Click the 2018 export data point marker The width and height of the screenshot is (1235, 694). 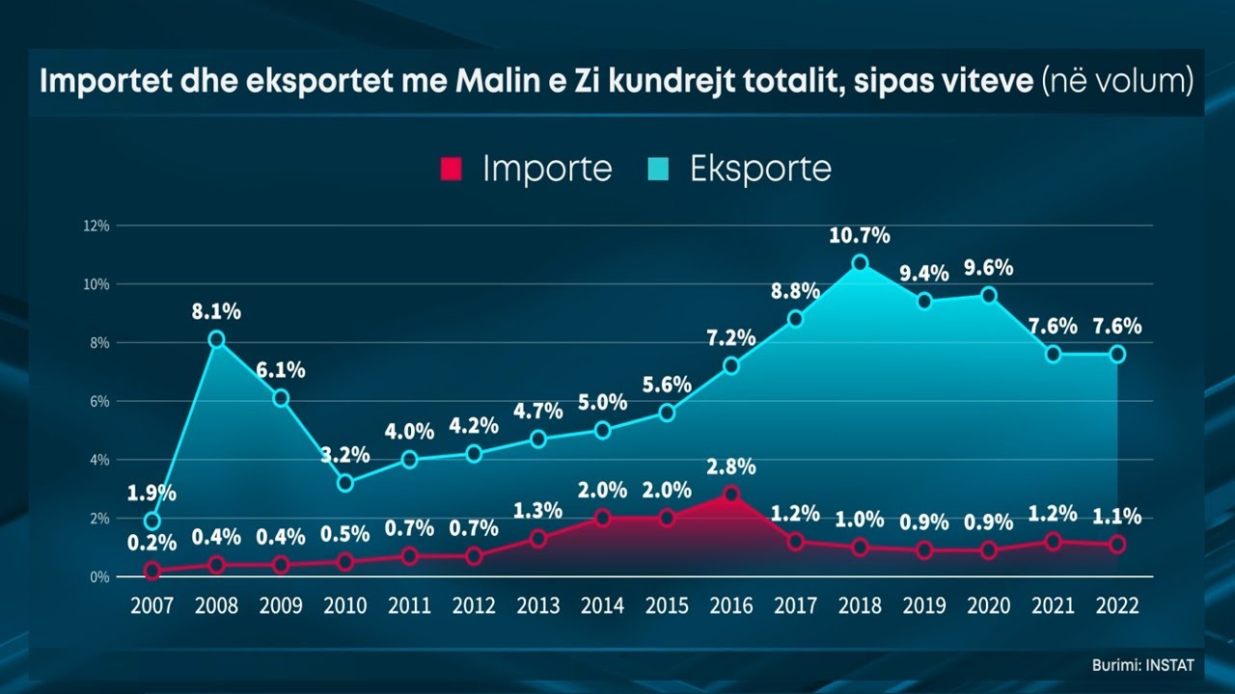click(x=860, y=262)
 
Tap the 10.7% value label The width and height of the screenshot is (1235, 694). click(x=860, y=235)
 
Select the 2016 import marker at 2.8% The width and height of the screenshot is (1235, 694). click(x=731, y=494)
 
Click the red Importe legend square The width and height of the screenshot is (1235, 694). click(x=451, y=170)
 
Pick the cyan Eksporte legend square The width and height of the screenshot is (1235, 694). click(x=658, y=170)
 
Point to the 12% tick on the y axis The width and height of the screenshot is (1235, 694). click(x=96, y=226)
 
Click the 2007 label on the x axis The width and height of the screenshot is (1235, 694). click(x=151, y=606)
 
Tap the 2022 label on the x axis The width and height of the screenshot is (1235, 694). click(x=1117, y=606)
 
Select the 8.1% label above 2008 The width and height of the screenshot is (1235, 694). click(x=216, y=311)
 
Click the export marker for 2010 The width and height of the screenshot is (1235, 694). click(x=345, y=483)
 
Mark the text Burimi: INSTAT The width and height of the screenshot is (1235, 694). click(x=1142, y=665)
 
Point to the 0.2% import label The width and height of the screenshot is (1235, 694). click(x=151, y=544)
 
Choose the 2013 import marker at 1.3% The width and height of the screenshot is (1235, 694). click(x=538, y=538)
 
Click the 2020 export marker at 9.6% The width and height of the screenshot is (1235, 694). click(x=988, y=295)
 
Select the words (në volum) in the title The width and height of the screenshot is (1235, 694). click(x=1117, y=82)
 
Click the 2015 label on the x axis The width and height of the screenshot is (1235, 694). click(x=667, y=606)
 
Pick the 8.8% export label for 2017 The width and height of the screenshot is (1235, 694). click(x=795, y=291)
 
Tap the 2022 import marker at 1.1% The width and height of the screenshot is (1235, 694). click(x=1117, y=545)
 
